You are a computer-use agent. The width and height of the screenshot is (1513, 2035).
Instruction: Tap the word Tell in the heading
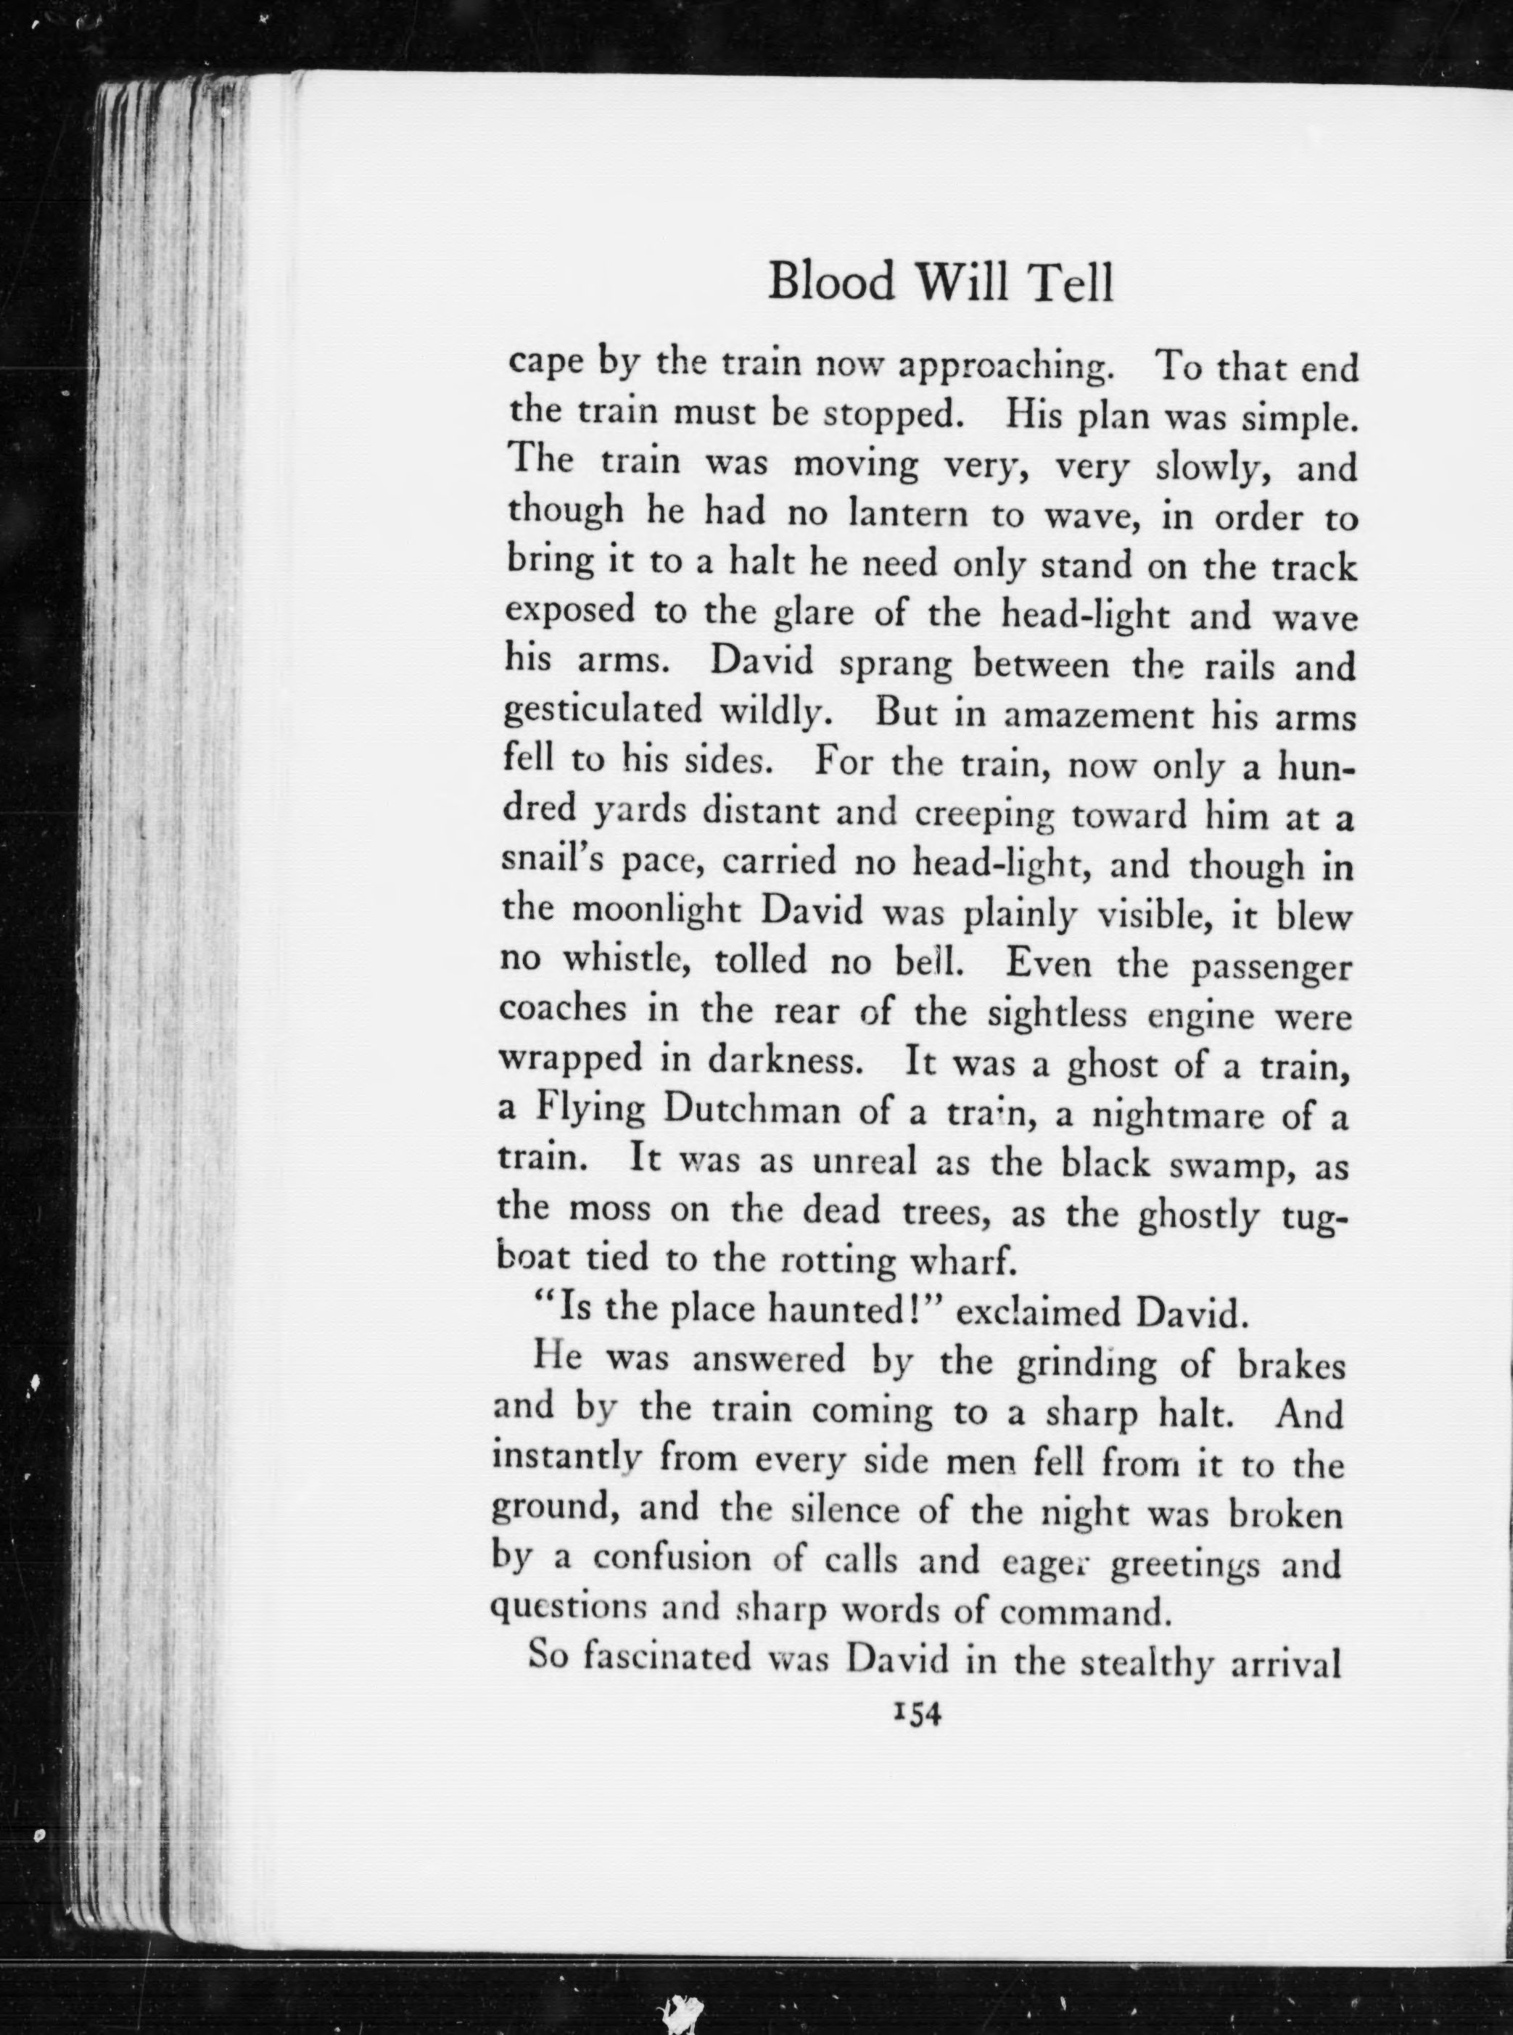[x=1073, y=282]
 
